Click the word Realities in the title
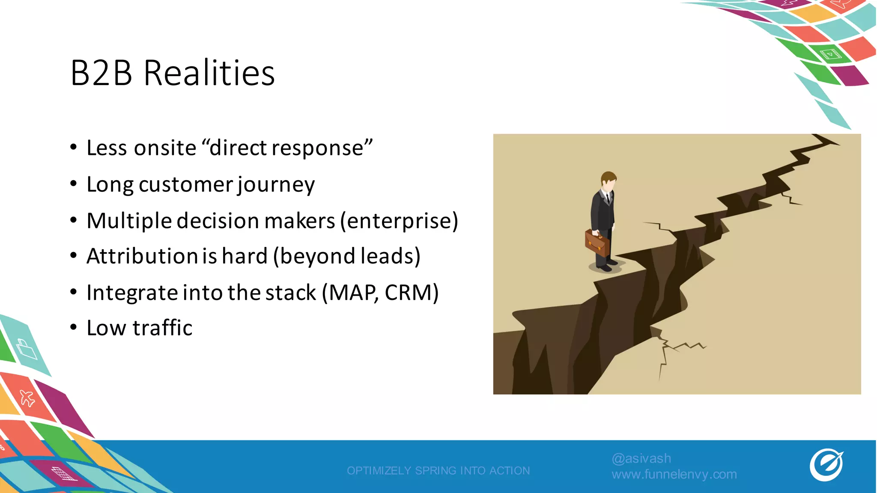(x=209, y=73)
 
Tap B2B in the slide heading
(x=101, y=73)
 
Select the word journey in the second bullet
(x=276, y=185)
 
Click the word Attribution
(x=141, y=256)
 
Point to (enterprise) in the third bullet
(x=399, y=221)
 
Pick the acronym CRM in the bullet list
(x=412, y=293)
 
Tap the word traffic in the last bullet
(x=162, y=328)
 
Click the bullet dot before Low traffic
(x=74, y=327)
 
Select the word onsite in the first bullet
(x=165, y=148)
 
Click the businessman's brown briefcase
(x=597, y=243)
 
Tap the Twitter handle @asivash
(x=641, y=458)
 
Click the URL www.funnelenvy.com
(x=674, y=474)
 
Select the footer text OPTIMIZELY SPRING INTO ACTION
(x=438, y=471)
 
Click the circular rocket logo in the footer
(x=826, y=465)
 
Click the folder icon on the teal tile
(x=27, y=349)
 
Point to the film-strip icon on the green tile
(x=830, y=54)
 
